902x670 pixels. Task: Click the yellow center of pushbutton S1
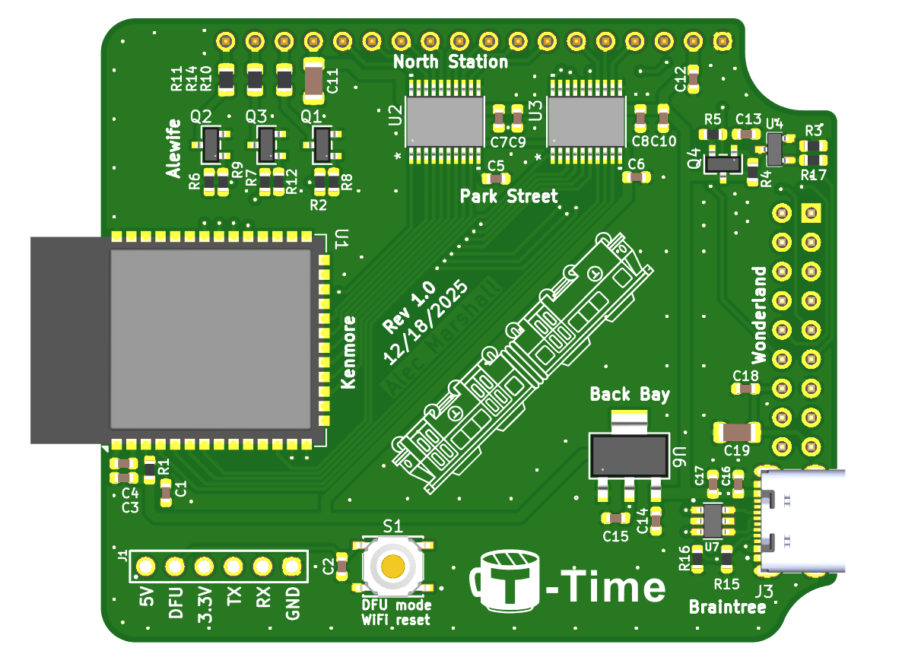[x=392, y=566]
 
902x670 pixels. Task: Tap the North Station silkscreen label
[x=450, y=62]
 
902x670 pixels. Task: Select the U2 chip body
[x=445, y=121]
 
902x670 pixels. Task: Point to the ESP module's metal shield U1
[x=211, y=338]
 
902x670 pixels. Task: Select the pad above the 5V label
[x=145, y=567]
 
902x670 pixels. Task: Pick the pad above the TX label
[x=233, y=567]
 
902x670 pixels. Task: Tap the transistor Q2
[x=211, y=144]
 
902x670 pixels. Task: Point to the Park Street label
[x=509, y=196]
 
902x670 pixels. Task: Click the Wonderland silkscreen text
[x=759, y=314]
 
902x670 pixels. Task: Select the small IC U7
[x=712, y=521]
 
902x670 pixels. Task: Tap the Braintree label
[x=727, y=607]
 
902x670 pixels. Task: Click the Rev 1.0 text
[x=409, y=307]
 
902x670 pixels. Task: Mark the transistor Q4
[x=723, y=163]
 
